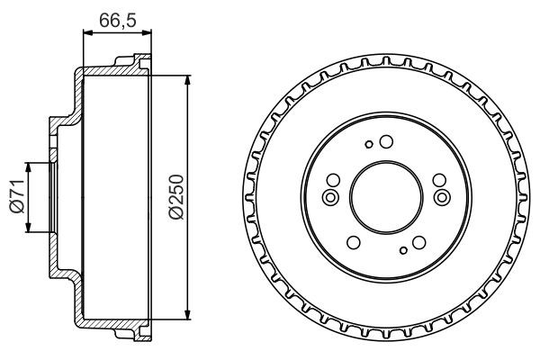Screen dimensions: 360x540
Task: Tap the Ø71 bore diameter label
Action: click(x=15, y=195)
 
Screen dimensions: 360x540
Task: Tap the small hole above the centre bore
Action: click(x=368, y=143)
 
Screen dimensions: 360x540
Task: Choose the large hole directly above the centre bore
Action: click(x=385, y=141)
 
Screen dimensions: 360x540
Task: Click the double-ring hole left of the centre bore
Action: click(x=330, y=197)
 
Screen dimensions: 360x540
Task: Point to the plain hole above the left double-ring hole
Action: click(x=333, y=180)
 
